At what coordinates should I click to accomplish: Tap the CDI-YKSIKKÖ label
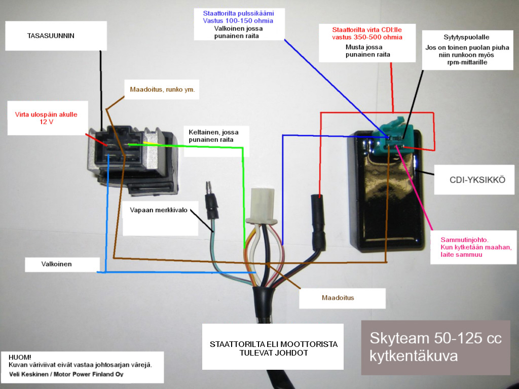coord(477,180)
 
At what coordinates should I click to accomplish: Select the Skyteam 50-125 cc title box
coord(435,347)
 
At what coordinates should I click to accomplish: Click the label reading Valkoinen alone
coord(56,264)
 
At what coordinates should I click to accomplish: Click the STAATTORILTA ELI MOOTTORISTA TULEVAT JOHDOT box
coord(273,348)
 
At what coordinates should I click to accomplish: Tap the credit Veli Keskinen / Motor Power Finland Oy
coord(66,374)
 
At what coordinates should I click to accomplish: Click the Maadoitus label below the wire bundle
coord(338,297)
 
